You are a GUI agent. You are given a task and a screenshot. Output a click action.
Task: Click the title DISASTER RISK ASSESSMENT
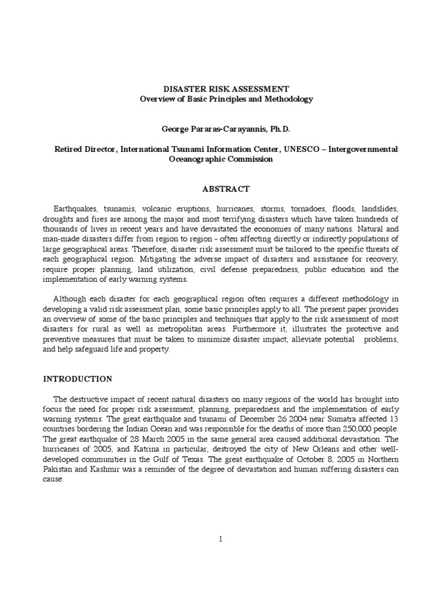tap(226, 89)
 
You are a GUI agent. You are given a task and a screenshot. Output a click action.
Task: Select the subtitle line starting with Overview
tap(226, 99)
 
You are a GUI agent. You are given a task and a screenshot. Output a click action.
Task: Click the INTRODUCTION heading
tap(78, 379)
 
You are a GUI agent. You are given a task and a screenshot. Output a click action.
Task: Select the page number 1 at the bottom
tap(221, 539)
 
